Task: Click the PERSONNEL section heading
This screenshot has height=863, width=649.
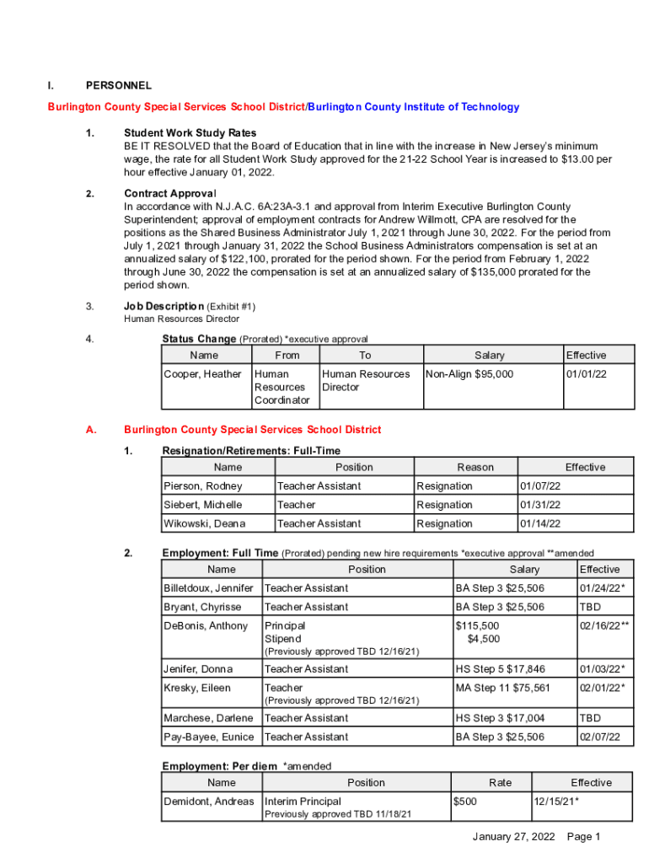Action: pyautogui.click(x=119, y=85)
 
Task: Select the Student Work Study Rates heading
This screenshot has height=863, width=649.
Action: pyautogui.click(x=190, y=133)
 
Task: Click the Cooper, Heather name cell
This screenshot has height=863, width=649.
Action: pyautogui.click(x=202, y=374)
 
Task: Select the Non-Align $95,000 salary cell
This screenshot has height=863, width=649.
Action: pyautogui.click(x=470, y=374)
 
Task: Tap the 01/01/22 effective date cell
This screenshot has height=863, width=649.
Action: pyautogui.click(x=587, y=374)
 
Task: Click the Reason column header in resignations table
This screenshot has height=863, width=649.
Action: pyautogui.click(x=475, y=467)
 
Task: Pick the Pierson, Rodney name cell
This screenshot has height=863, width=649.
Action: pyautogui.click(x=202, y=486)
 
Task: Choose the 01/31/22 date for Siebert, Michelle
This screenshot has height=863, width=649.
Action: pyautogui.click(x=540, y=505)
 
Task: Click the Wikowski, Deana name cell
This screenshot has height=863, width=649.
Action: pyautogui.click(x=205, y=523)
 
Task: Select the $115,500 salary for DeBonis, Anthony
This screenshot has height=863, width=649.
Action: pyautogui.click(x=477, y=625)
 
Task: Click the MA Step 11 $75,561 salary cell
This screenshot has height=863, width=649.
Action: pyautogui.click(x=502, y=688)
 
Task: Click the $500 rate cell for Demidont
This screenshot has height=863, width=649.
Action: pyautogui.click(x=465, y=801)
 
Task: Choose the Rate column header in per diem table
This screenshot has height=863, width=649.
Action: pyautogui.click(x=500, y=783)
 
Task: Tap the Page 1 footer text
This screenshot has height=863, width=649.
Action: pyautogui.click(x=584, y=837)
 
